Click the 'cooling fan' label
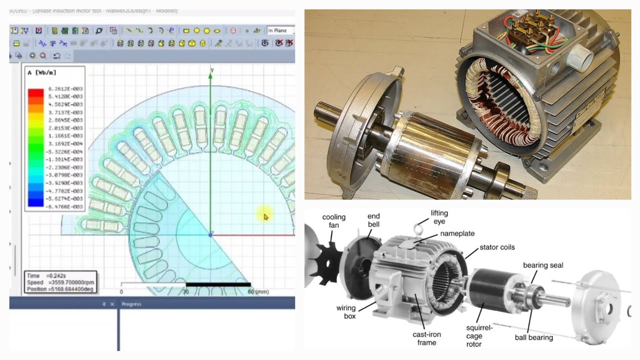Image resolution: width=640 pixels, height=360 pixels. click(x=333, y=221)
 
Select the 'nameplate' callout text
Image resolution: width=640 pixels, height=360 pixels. click(x=457, y=233)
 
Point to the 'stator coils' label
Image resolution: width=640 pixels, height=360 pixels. click(x=497, y=247)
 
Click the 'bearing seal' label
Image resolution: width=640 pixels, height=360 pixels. click(x=543, y=264)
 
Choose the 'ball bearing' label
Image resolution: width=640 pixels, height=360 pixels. click(x=533, y=337)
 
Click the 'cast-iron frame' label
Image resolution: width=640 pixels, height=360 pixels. click(x=426, y=338)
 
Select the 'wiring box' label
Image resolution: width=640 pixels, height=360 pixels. click(x=346, y=312)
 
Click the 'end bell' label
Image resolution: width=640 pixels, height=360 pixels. click(x=373, y=220)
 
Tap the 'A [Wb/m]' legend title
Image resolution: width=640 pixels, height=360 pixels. click(x=41, y=73)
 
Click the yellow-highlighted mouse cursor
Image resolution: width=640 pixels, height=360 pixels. click(x=265, y=216)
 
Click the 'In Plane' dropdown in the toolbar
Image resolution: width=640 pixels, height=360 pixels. click(x=280, y=30)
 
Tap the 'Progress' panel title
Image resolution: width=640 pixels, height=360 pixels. click(x=131, y=304)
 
